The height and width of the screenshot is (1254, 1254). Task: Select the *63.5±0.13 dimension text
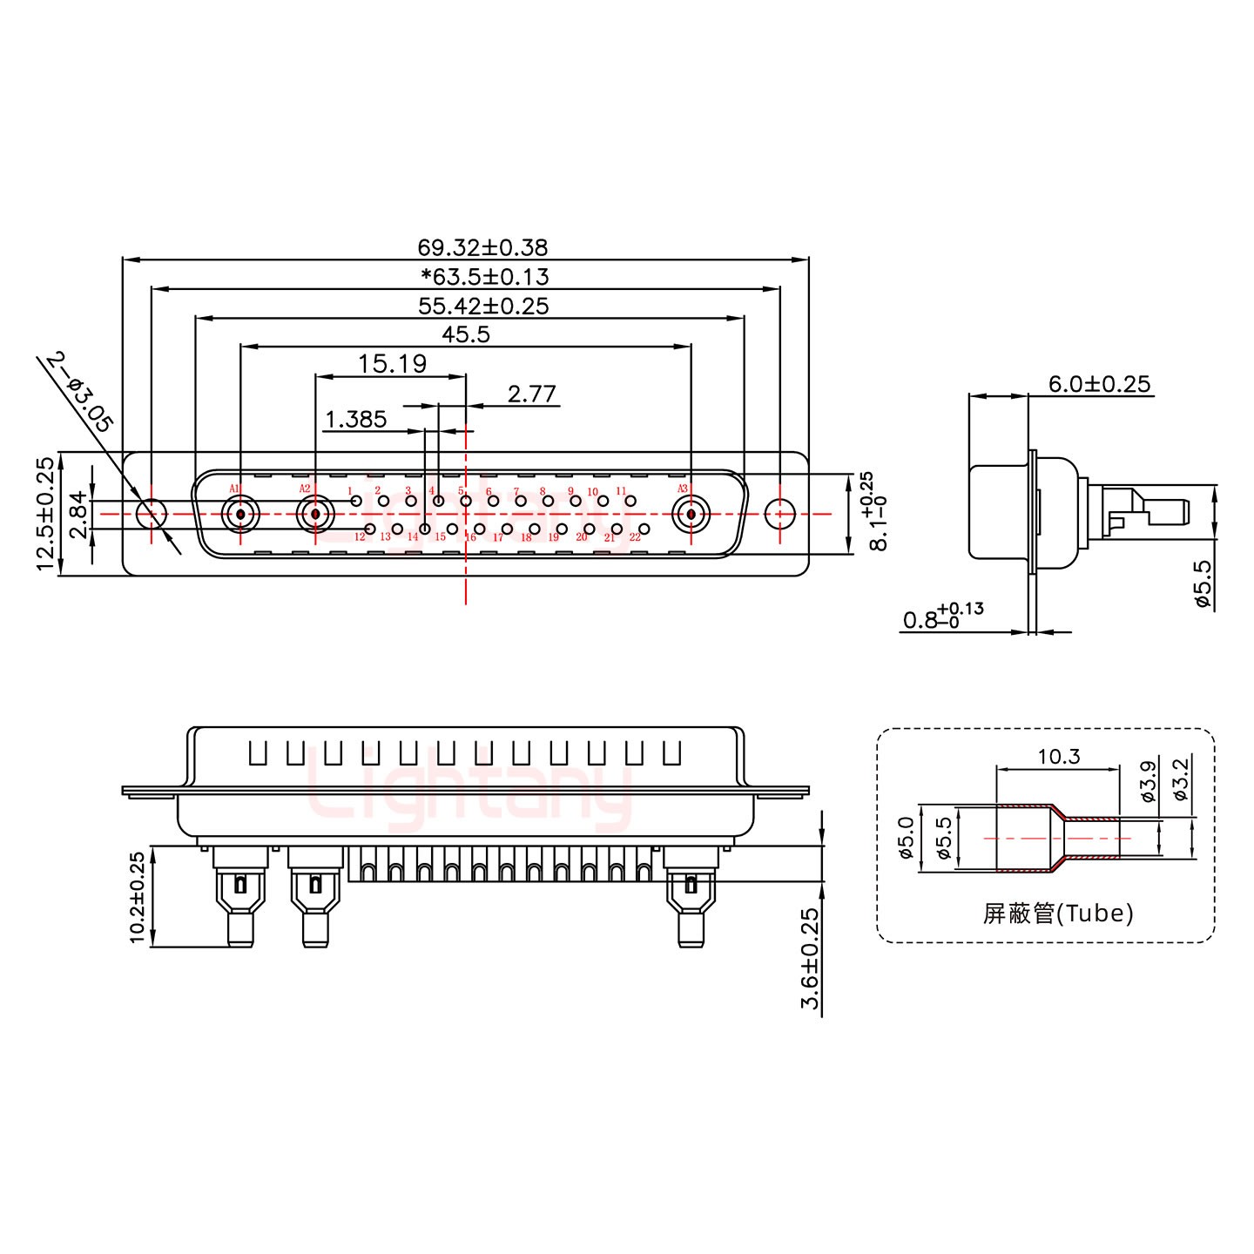pyautogui.click(x=484, y=277)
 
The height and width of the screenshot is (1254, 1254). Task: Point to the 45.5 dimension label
pyautogui.click(x=466, y=334)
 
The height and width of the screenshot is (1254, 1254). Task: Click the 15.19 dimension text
pyautogui.click(x=393, y=363)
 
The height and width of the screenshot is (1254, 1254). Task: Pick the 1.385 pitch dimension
pyautogui.click(x=355, y=420)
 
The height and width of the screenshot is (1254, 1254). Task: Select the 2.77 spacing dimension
pyautogui.click(x=531, y=394)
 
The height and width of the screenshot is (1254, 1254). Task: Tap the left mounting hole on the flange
pyautogui.click(x=152, y=514)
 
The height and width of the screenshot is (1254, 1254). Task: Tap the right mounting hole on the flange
pyautogui.click(x=779, y=514)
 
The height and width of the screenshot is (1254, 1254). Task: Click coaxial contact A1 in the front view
pyautogui.click(x=240, y=514)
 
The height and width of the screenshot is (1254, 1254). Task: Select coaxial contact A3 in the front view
pyautogui.click(x=691, y=514)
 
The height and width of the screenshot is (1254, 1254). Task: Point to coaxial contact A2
pyautogui.click(x=314, y=514)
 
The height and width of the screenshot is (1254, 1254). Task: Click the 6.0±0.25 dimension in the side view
pyautogui.click(x=1099, y=383)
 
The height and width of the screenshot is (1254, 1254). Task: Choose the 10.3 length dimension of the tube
pyautogui.click(x=1059, y=757)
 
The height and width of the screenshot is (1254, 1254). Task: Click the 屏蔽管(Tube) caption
pyautogui.click(x=1058, y=913)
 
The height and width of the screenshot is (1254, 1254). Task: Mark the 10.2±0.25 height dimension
pyautogui.click(x=138, y=897)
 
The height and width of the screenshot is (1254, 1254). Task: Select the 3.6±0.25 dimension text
pyautogui.click(x=810, y=959)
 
